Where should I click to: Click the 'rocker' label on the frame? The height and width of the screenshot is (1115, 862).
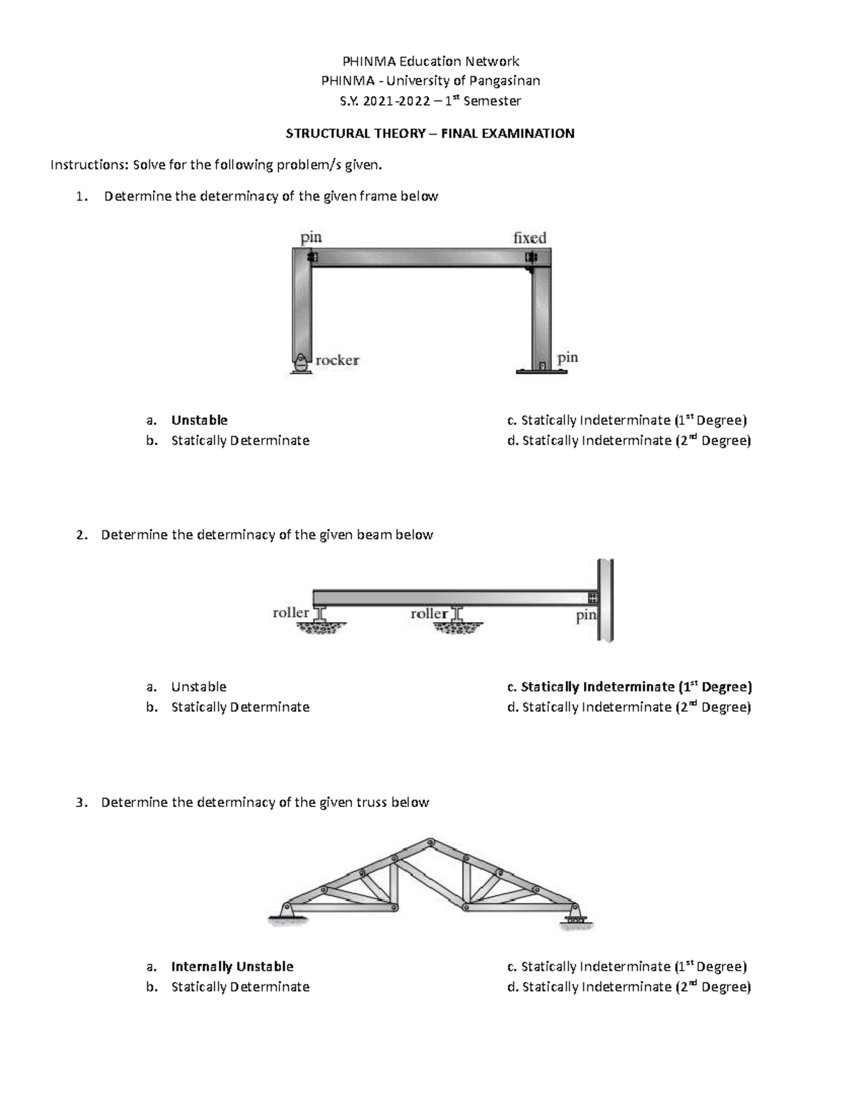[x=337, y=360]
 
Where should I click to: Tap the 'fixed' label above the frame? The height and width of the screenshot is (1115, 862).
[x=529, y=238]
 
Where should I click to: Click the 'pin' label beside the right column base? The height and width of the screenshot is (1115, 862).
[x=567, y=358]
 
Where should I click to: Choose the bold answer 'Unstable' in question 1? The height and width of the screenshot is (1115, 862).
[x=199, y=420]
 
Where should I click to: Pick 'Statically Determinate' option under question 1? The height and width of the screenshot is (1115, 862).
[x=240, y=441]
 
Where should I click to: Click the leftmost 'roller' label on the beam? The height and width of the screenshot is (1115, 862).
[x=290, y=612]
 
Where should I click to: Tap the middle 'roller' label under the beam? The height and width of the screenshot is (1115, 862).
[x=429, y=613]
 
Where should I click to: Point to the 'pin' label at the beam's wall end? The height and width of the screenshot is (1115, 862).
[x=586, y=615]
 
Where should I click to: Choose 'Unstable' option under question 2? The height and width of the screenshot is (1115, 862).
[x=198, y=687]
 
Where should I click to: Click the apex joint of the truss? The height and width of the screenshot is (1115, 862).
[x=430, y=841]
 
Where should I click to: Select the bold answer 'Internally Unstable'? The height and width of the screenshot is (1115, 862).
[x=232, y=966]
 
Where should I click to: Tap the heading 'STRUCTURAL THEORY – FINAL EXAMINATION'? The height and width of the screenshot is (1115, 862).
[x=430, y=134]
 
